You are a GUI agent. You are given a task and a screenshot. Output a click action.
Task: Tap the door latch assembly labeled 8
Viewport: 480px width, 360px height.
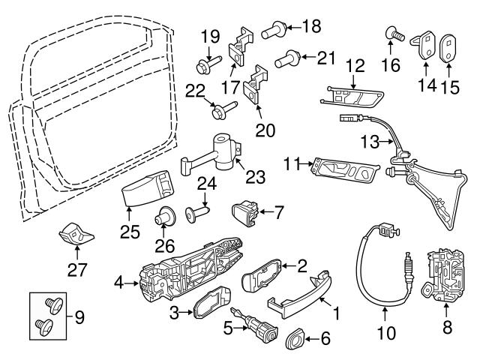click(x=442, y=277)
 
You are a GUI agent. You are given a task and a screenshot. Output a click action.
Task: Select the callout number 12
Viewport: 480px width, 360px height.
click(x=354, y=65)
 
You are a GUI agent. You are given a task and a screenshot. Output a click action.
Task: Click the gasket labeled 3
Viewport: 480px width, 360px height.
click(x=206, y=307)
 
